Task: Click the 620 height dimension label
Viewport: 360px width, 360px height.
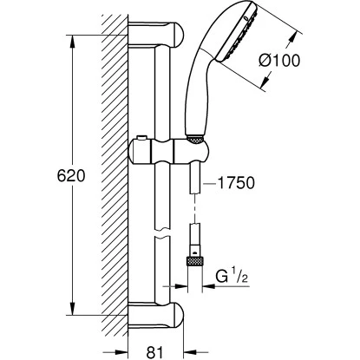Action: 71,176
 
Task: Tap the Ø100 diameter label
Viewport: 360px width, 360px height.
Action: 279,61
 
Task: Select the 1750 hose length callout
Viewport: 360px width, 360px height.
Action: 236,183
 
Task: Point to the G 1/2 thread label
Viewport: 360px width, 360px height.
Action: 232,277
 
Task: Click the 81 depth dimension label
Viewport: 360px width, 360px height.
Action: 154,352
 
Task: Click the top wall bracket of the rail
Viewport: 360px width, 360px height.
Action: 156,34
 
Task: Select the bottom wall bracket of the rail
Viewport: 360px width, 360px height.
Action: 156,316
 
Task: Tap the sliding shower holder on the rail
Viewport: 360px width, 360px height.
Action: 169,151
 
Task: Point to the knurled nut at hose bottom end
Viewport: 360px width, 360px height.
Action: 195,261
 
